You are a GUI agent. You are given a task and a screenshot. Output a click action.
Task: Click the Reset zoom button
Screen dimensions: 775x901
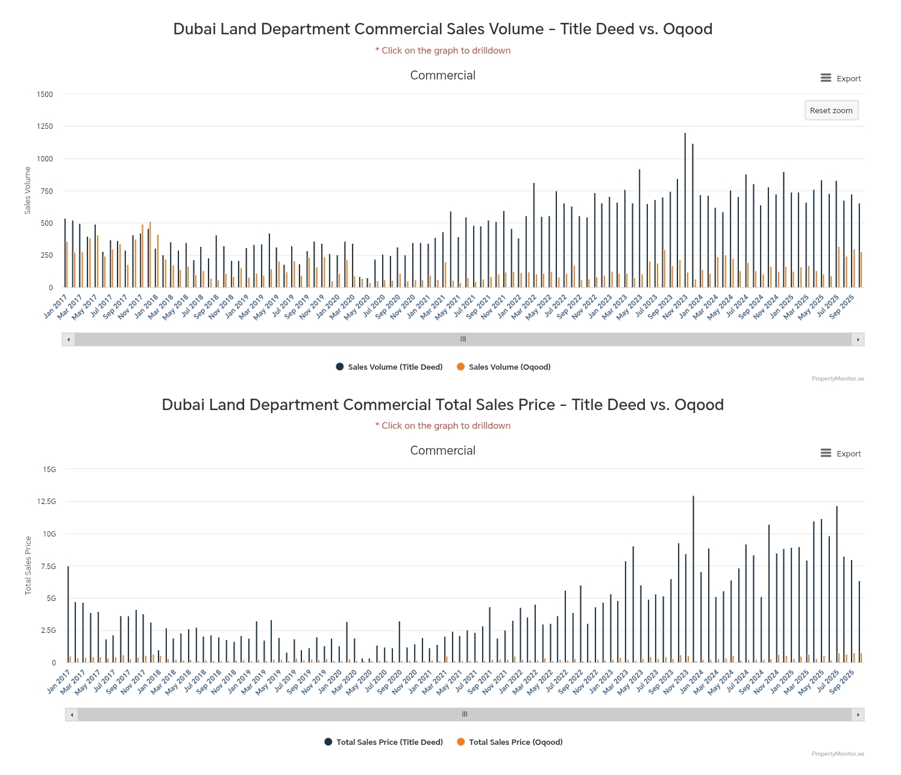(x=831, y=110)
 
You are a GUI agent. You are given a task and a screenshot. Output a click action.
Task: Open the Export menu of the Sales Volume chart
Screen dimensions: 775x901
(x=841, y=78)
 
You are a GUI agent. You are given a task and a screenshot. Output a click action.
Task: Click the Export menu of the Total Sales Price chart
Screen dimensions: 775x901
(x=841, y=453)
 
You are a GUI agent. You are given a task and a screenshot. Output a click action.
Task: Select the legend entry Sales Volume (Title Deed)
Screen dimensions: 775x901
(x=389, y=367)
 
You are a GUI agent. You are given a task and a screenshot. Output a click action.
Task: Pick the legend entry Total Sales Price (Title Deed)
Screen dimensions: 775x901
(x=384, y=742)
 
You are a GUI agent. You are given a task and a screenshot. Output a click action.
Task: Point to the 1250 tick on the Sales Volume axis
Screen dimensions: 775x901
(x=45, y=126)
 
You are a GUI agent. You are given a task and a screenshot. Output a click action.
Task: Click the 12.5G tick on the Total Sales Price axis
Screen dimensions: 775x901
(x=46, y=502)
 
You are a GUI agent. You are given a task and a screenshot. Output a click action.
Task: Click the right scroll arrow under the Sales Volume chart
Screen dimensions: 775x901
(x=858, y=340)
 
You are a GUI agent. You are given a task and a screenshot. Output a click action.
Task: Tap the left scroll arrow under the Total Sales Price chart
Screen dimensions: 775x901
(x=72, y=715)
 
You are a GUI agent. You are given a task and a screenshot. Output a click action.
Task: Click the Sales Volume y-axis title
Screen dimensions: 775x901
(x=28, y=191)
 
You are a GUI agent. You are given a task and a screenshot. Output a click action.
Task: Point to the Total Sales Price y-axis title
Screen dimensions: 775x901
(x=28, y=565)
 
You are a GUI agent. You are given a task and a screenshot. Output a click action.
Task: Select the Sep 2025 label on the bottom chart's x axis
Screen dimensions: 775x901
(x=842, y=681)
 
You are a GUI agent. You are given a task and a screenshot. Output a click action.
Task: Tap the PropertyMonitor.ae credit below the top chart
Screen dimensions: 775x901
(x=838, y=379)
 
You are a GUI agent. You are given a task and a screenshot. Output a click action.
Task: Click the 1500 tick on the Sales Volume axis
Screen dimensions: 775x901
(x=45, y=94)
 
